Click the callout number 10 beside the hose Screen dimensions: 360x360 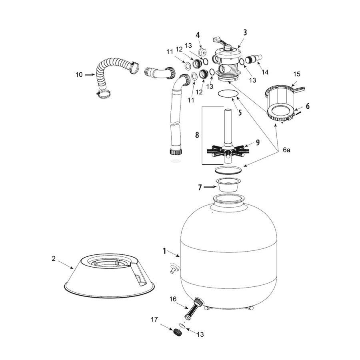pyautogui.click(x=79, y=75)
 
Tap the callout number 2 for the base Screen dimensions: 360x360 pyautogui.click(x=54, y=258)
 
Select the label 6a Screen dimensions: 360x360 pyautogui.click(x=286, y=150)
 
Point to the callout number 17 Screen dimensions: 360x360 pyautogui.click(x=154, y=319)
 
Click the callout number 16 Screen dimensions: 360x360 pyautogui.click(x=173, y=299)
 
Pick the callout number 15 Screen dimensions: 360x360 pyautogui.click(x=297, y=74)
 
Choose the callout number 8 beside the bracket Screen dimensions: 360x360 pyautogui.click(x=197, y=135)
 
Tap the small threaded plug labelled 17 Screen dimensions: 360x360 pyautogui.click(x=177, y=332)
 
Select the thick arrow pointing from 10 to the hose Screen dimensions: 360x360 pyautogui.click(x=90, y=74)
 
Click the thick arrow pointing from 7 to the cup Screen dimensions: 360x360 pyautogui.click(x=210, y=187)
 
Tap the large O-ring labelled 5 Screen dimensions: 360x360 pyautogui.click(x=228, y=94)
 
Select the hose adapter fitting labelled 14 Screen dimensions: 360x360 pyautogui.click(x=254, y=58)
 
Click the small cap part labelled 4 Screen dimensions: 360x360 pyautogui.click(x=202, y=51)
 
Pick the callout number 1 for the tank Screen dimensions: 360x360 pyautogui.click(x=164, y=251)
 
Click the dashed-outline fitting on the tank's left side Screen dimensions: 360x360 pyautogui.click(x=175, y=268)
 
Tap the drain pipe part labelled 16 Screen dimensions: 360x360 pyautogui.click(x=194, y=308)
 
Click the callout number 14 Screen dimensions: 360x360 pyautogui.click(x=265, y=72)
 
